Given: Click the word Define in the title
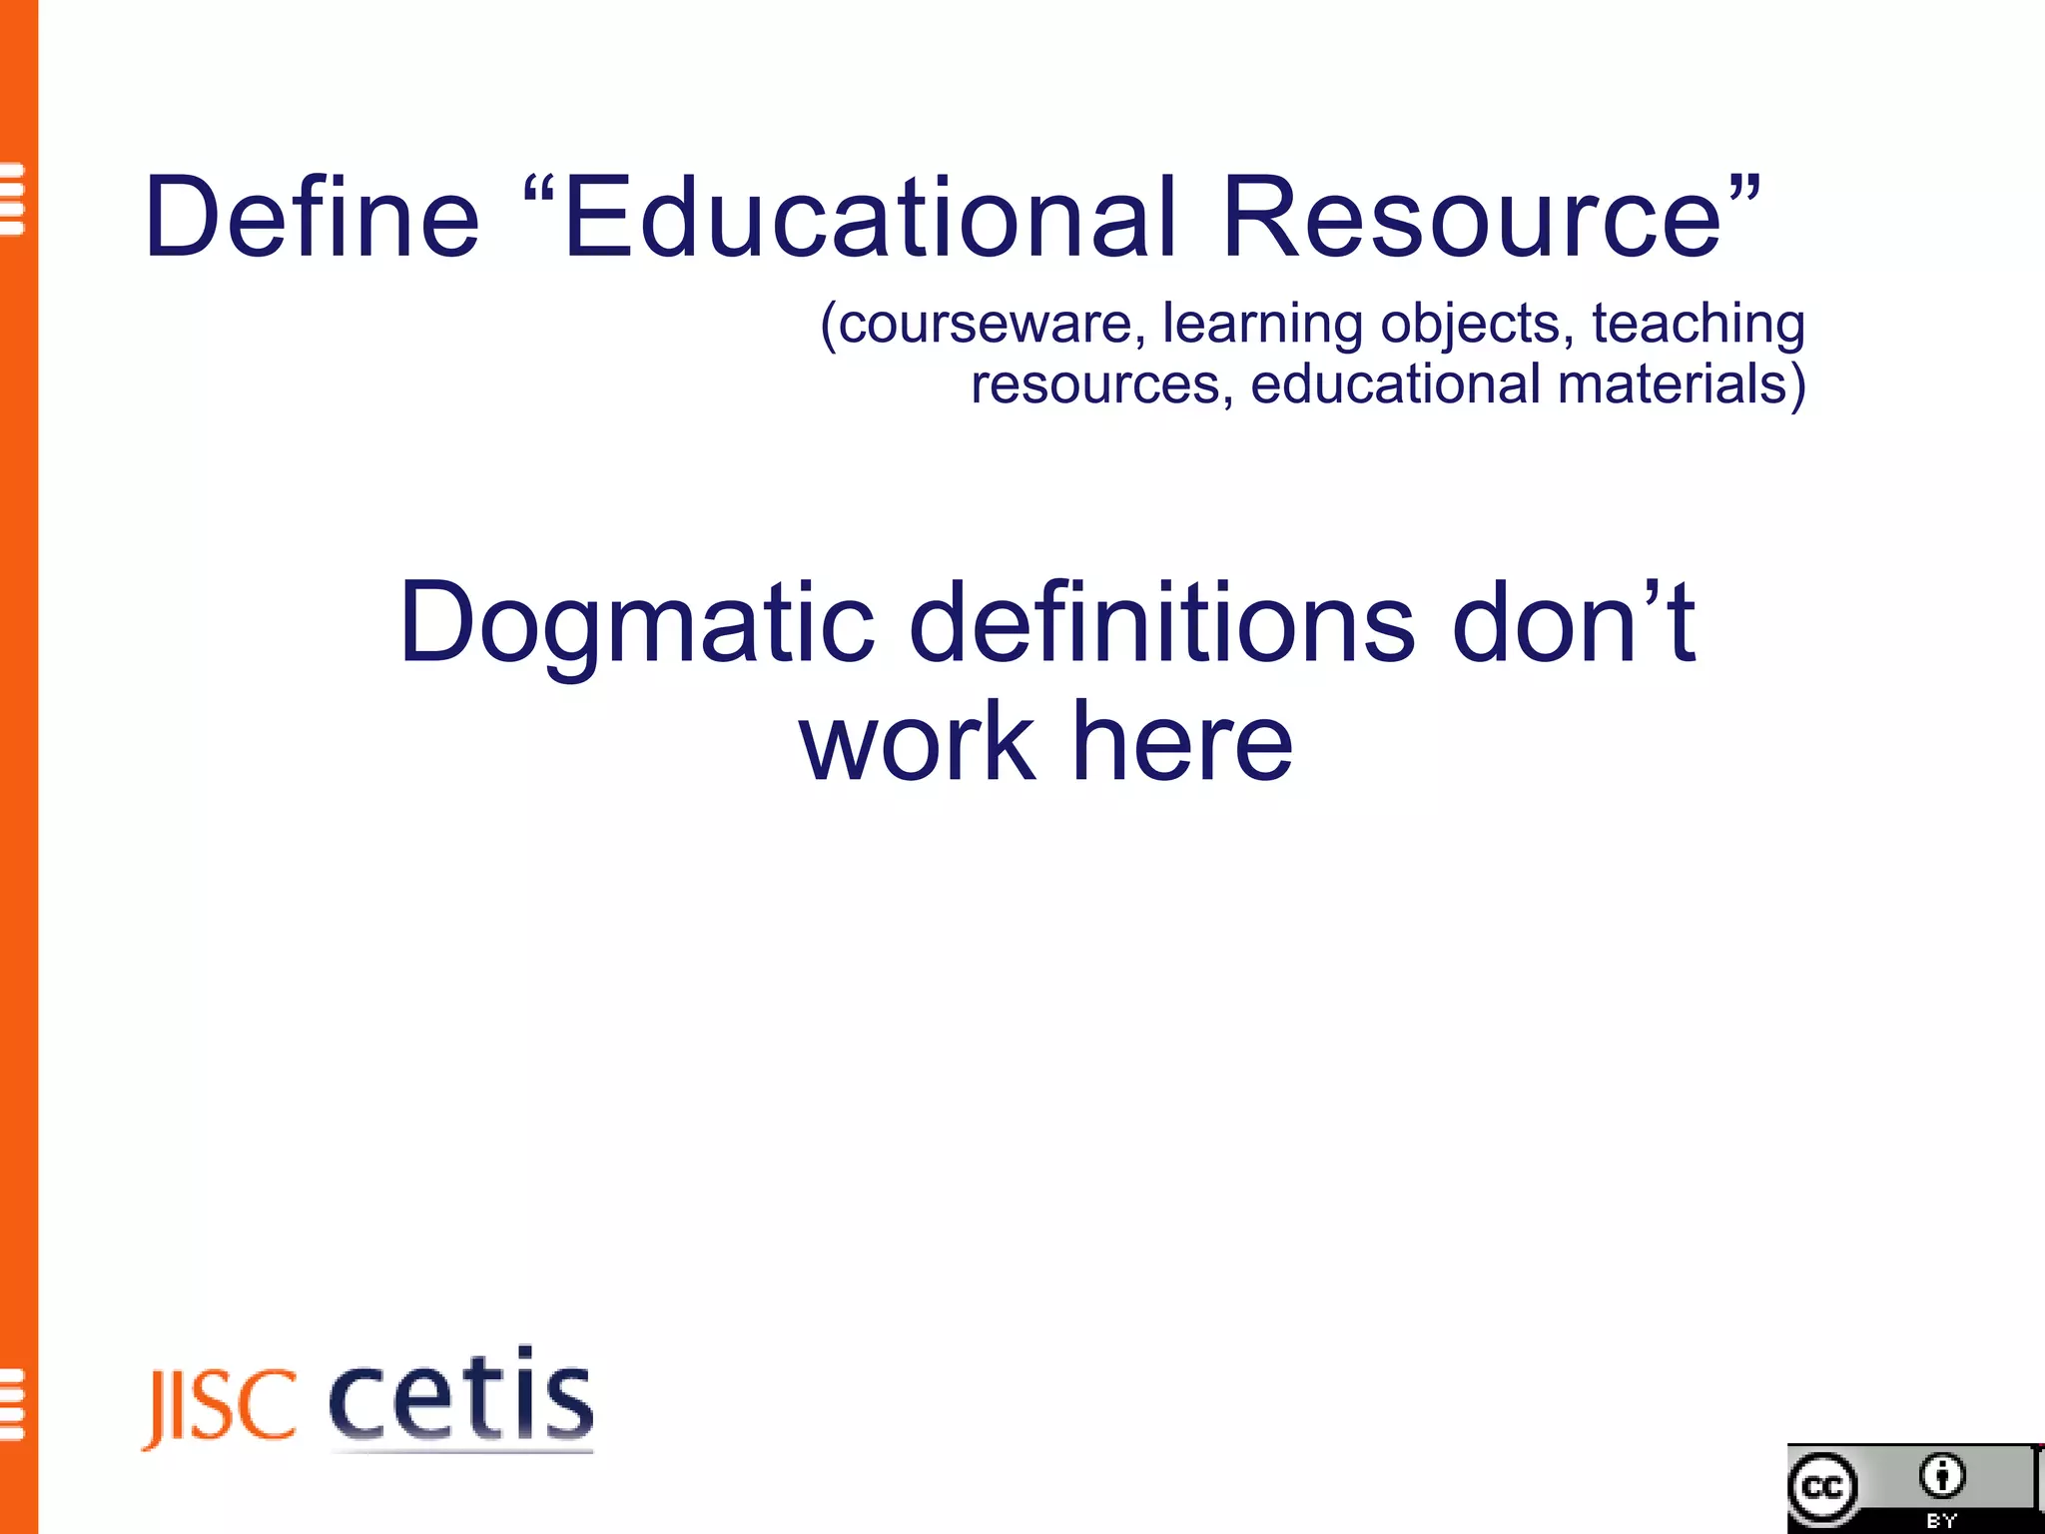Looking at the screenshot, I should coord(313,217).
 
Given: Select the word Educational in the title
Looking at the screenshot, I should coord(869,217).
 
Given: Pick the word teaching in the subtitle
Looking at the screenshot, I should coord(1698,325).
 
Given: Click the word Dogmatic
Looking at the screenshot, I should coord(637,623).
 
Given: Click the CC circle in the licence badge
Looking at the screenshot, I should coord(1823,1488).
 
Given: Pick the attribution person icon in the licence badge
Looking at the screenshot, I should coord(1941,1476).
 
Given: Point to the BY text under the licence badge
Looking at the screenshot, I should coord(1941,1521).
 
